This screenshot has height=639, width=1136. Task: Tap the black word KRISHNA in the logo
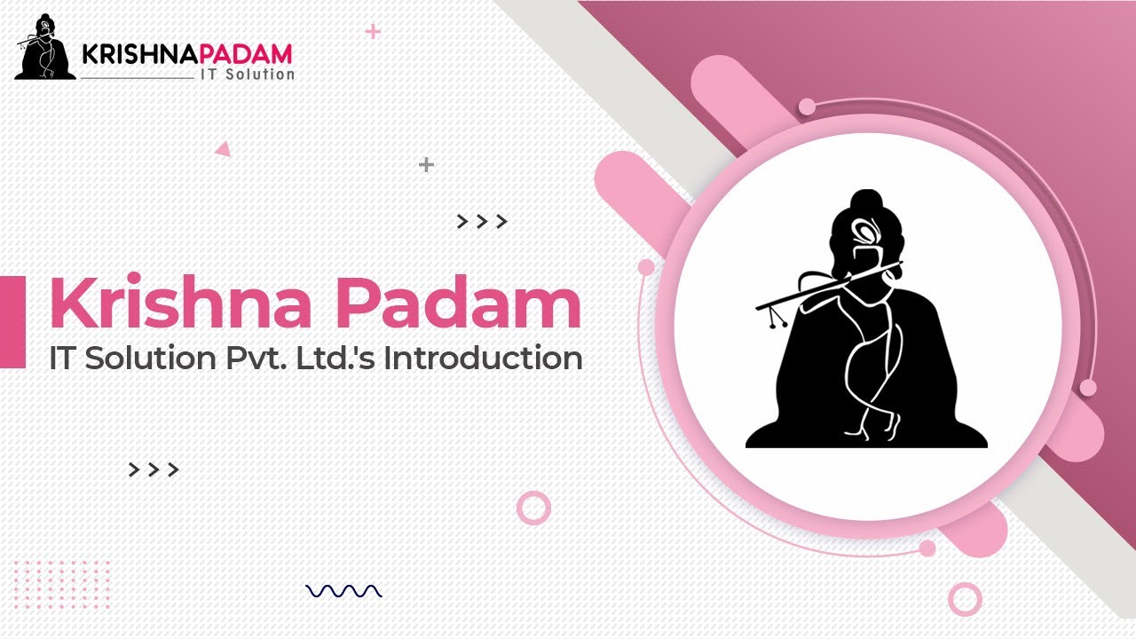(x=134, y=54)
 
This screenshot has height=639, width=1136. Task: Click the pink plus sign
(x=373, y=32)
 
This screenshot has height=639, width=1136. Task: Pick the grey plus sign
(x=426, y=164)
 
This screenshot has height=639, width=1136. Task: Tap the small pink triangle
(x=223, y=150)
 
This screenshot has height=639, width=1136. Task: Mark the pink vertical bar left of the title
(x=12, y=321)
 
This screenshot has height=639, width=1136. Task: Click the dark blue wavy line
(x=343, y=591)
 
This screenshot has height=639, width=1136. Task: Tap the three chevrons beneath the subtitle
(x=154, y=469)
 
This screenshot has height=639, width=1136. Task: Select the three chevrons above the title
(x=482, y=222)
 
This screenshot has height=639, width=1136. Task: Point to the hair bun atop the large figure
(x=862, y=201)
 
